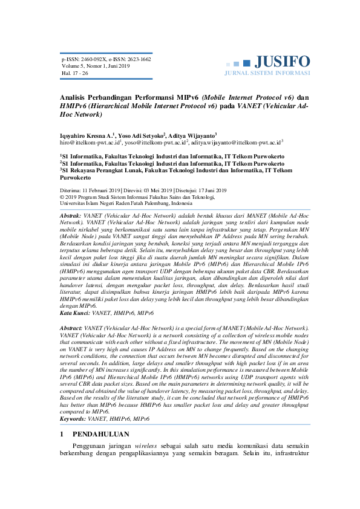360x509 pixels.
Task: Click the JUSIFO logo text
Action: tap(282, 61)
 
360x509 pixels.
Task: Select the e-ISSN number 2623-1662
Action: tap(137, 60)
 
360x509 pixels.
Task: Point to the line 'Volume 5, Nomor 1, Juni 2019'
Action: tap(96, 66)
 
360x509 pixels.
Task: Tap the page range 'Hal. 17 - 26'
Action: tap(75, 73)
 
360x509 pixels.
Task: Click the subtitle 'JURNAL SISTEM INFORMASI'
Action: tap(267, 73)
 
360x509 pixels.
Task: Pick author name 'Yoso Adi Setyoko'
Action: tap(140, 136)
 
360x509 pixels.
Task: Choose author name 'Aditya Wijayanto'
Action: tap(192, 136)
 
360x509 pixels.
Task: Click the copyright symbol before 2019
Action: tap(62, 196)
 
